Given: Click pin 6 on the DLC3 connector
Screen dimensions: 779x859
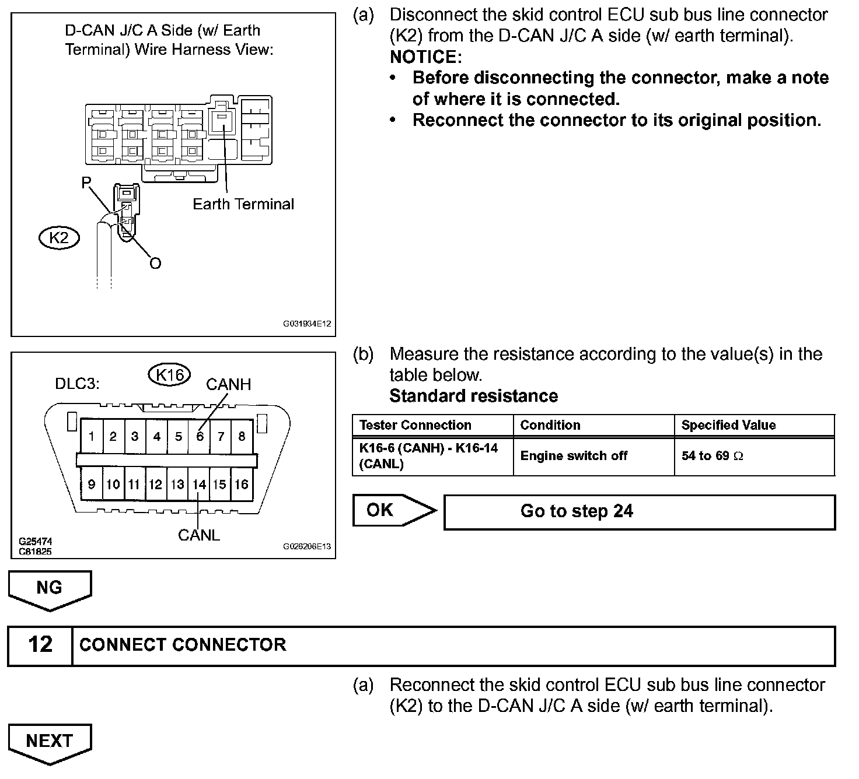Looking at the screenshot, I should pos(200,436).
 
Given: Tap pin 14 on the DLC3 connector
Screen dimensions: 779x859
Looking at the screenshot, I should pos(200,484).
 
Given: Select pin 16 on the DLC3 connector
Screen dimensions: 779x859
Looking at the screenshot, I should pos(242,484).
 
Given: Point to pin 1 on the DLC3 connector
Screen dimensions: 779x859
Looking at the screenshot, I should pos(92,436).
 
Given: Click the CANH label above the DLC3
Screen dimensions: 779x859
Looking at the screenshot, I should pos(228,384).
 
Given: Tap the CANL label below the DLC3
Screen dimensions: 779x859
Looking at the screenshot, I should pos(199,535).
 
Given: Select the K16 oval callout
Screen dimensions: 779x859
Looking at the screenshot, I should pos(170,375).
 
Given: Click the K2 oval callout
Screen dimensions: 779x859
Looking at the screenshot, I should pos(58,237).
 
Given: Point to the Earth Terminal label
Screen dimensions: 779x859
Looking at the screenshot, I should pos(243,204).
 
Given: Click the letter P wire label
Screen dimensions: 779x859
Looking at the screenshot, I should pos(86,183).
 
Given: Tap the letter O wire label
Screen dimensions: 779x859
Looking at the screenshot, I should pos(155,264).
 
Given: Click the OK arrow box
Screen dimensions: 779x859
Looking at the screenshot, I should pos(394,511).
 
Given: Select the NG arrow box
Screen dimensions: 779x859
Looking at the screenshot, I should pos(50,588).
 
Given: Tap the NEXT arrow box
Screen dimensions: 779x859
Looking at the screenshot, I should pos(50,741).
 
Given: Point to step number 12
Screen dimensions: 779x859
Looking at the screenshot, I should pos(40,645).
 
